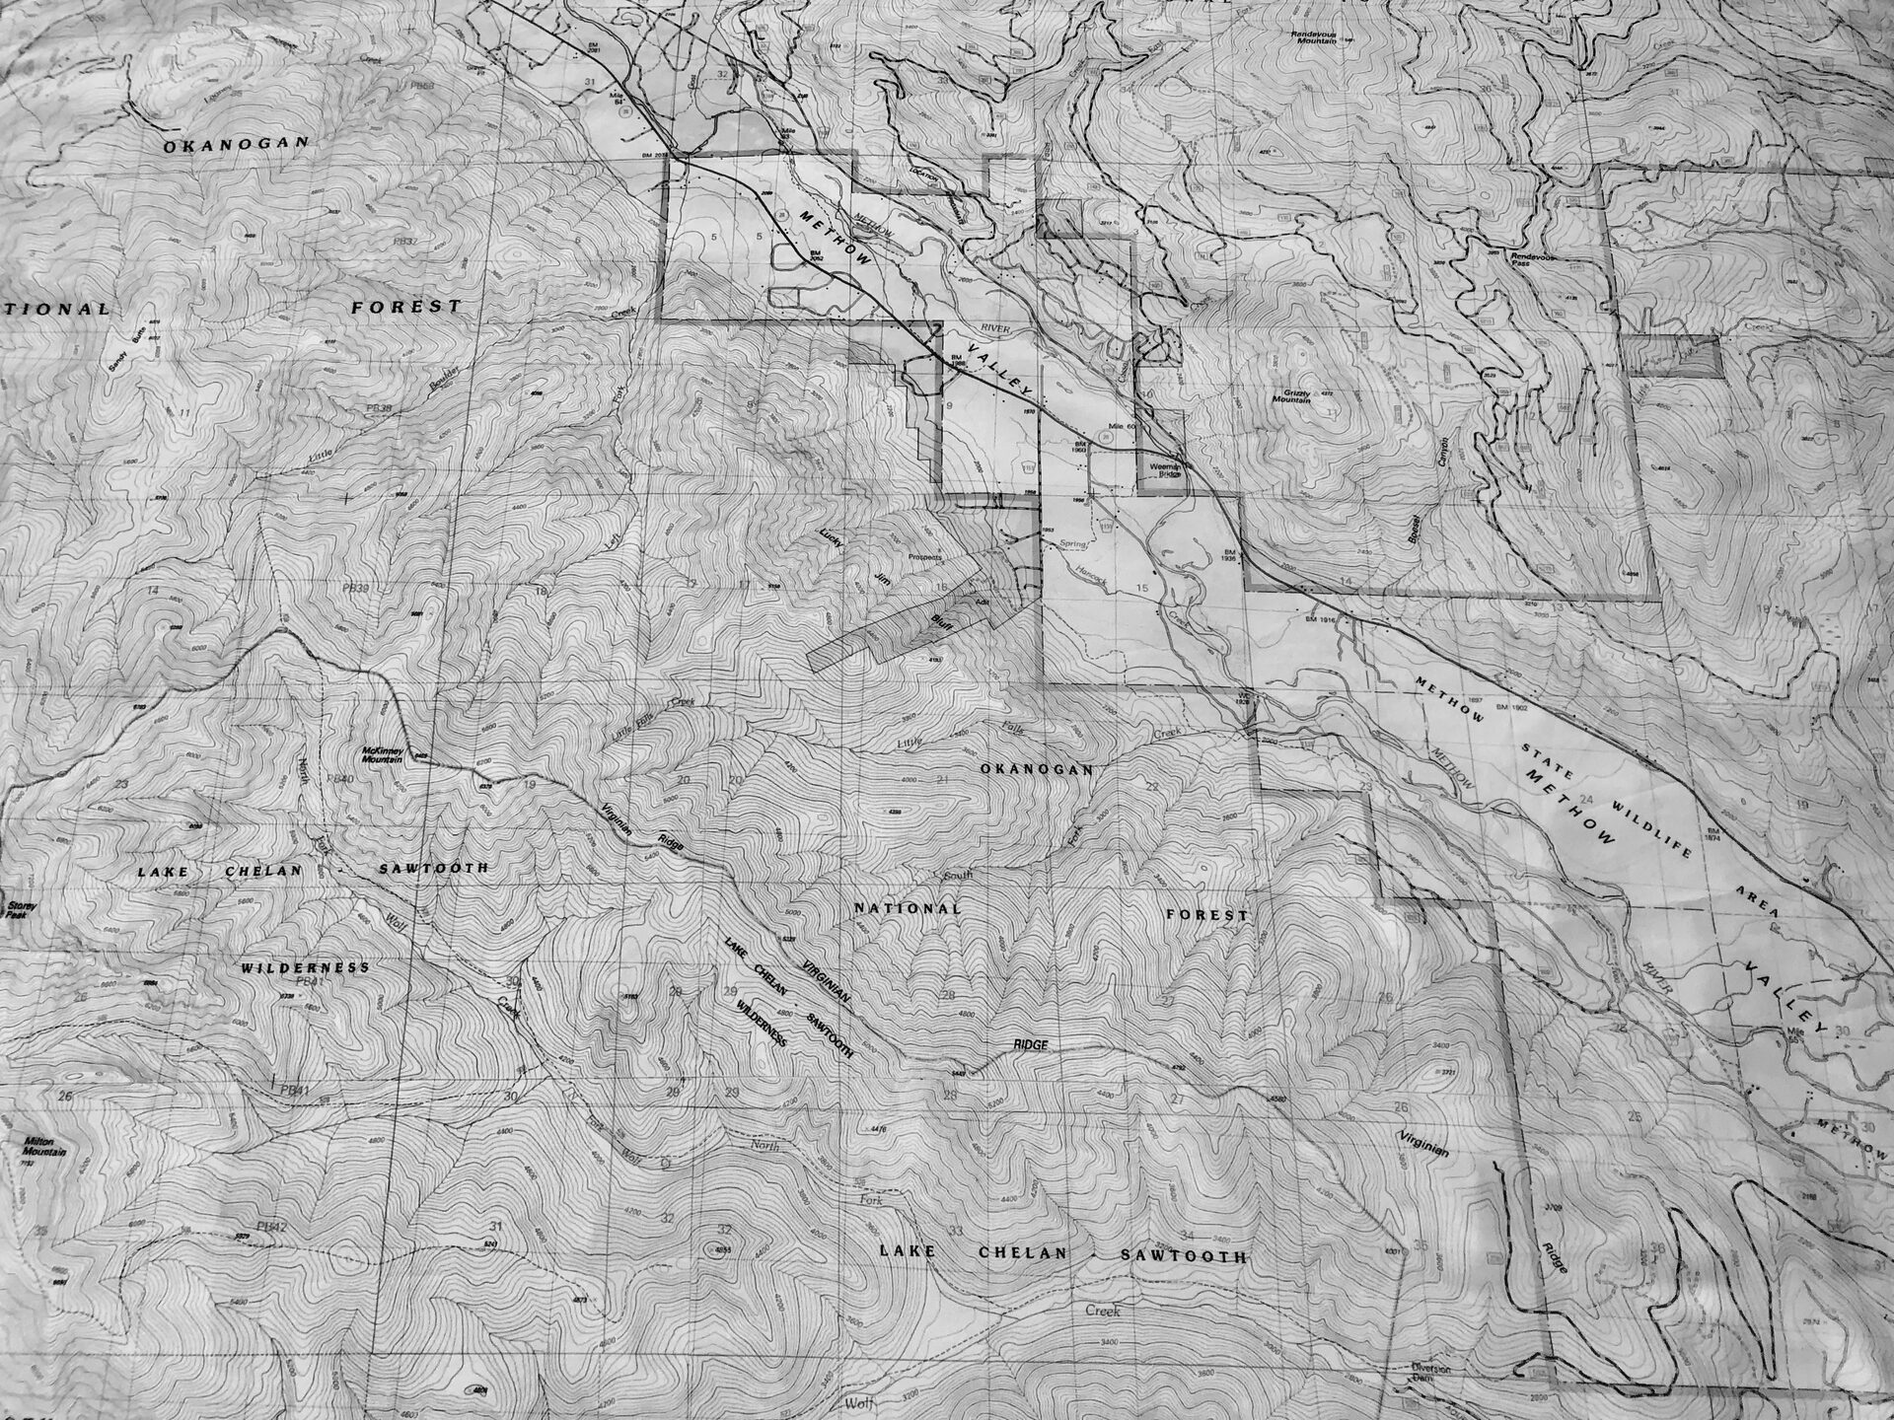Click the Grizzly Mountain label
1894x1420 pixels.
click(1290, 395)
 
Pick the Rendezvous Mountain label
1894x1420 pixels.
click(1319, 35)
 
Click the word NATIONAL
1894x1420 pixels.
click(907, 907)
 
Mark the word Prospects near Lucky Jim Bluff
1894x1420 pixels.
click(917, 558)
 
